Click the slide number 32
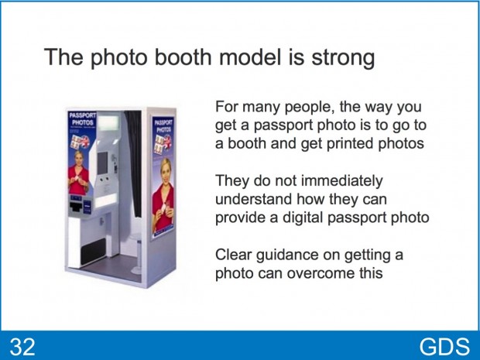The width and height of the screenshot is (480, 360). (22, 347)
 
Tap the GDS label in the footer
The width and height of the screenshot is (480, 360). (444, 347)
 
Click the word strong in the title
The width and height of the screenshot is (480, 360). (343, 58)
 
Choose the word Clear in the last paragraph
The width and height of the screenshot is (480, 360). (233, 255)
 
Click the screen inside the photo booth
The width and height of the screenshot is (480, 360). (102, 162)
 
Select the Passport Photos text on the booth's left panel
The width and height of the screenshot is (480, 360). (82, 119)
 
